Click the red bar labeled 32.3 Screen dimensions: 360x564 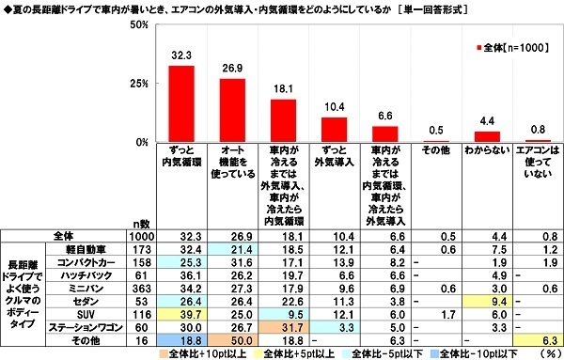[180, 103]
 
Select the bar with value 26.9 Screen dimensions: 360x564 [232, 110]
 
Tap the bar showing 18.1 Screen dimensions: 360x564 [283, 120]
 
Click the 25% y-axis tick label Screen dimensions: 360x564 [141, 83]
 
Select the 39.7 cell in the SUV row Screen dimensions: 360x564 [180, 314]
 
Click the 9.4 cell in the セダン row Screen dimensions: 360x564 [488, 300]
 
